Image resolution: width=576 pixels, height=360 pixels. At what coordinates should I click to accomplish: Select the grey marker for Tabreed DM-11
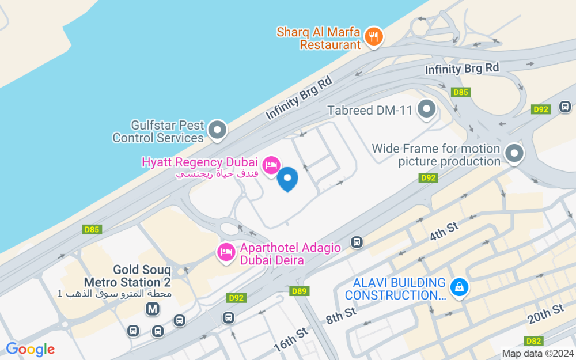(x=427, y=108)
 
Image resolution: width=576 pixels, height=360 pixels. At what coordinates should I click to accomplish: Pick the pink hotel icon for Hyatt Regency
(x=271, y=165)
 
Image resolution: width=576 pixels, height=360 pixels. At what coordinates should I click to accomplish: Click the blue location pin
(x=287, y=179)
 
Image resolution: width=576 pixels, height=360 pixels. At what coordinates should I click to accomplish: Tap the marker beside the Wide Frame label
(x=514, y=153)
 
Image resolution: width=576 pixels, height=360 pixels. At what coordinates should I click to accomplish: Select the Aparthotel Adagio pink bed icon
(x=225, y=252)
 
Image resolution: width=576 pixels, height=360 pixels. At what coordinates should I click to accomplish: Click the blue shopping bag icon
(x=458, y=286)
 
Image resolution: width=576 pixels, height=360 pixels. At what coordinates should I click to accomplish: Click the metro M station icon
(x=153, y=309)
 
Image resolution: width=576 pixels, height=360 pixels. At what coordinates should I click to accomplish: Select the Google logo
(x=30, y=349)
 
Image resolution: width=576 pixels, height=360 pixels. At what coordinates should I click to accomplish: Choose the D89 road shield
(x=299, y=291)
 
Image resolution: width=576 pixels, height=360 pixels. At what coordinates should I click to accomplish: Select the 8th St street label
(x=341, y=315)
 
